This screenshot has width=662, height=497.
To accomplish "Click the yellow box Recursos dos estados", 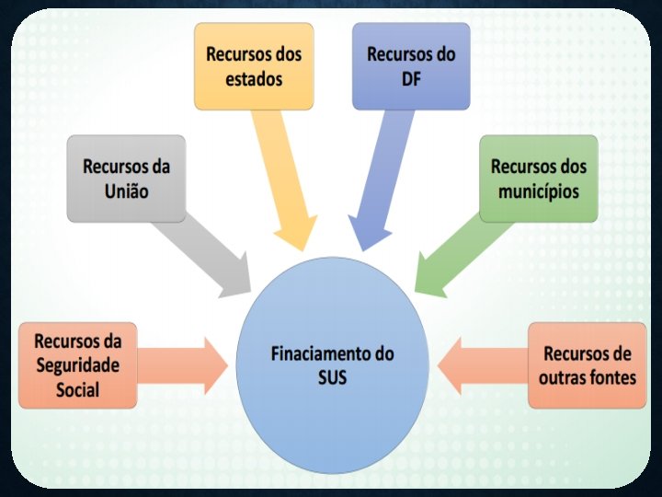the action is click(x=253, y=65).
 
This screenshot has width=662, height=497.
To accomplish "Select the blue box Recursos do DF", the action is click(x=410, y=65).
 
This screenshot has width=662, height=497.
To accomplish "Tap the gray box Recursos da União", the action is click(x=126, y=179).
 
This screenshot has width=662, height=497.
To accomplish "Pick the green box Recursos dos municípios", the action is click(x=538, y=179).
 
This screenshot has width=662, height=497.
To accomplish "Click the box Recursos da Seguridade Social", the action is click(x=77, y=364).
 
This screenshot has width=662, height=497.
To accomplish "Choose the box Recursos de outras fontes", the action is click(x=587, y=365).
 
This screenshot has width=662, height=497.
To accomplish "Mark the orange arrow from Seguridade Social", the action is click(x=184, y=365).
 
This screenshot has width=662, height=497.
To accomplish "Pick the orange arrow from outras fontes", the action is click(x=483, y=365).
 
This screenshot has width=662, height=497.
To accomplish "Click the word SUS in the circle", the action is click(x=332, y=376).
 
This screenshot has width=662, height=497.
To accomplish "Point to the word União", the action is click(x=126, y=192).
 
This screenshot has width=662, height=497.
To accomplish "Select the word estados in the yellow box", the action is click(x=253, y=78).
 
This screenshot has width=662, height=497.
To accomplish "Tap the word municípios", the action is click(x=538, y=192).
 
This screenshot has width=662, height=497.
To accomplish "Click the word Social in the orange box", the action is click(x=77, y=389).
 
